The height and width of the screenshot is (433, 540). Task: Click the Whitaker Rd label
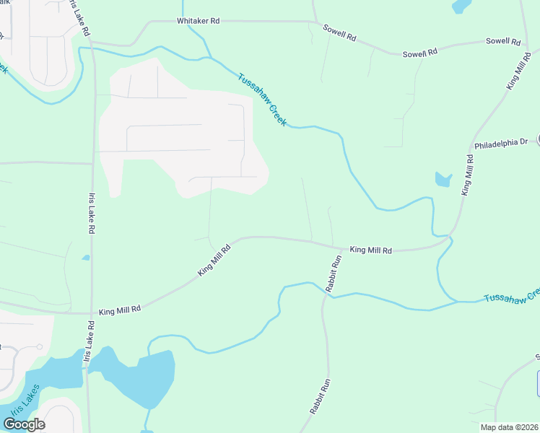(198, 22)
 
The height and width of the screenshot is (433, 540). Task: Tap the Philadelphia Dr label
(501, 144)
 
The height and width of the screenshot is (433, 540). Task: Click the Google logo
(24, 424)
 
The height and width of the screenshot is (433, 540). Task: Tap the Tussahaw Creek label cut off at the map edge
(511, 296)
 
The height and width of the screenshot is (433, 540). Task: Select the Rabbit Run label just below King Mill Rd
(333, 273)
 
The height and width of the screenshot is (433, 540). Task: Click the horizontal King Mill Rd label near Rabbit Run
(370, 250)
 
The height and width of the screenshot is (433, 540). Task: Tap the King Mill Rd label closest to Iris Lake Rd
(120, 309)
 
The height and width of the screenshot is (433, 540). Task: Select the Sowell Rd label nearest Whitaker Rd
(340, 35)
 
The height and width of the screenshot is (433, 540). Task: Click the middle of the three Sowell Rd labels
(420, 53)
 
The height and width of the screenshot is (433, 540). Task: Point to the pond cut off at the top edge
(461, 6)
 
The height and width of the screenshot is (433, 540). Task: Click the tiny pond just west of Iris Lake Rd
(86, 258)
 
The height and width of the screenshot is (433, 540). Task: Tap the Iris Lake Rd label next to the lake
(87, 348)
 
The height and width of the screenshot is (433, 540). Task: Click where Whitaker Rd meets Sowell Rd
(313, 22)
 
